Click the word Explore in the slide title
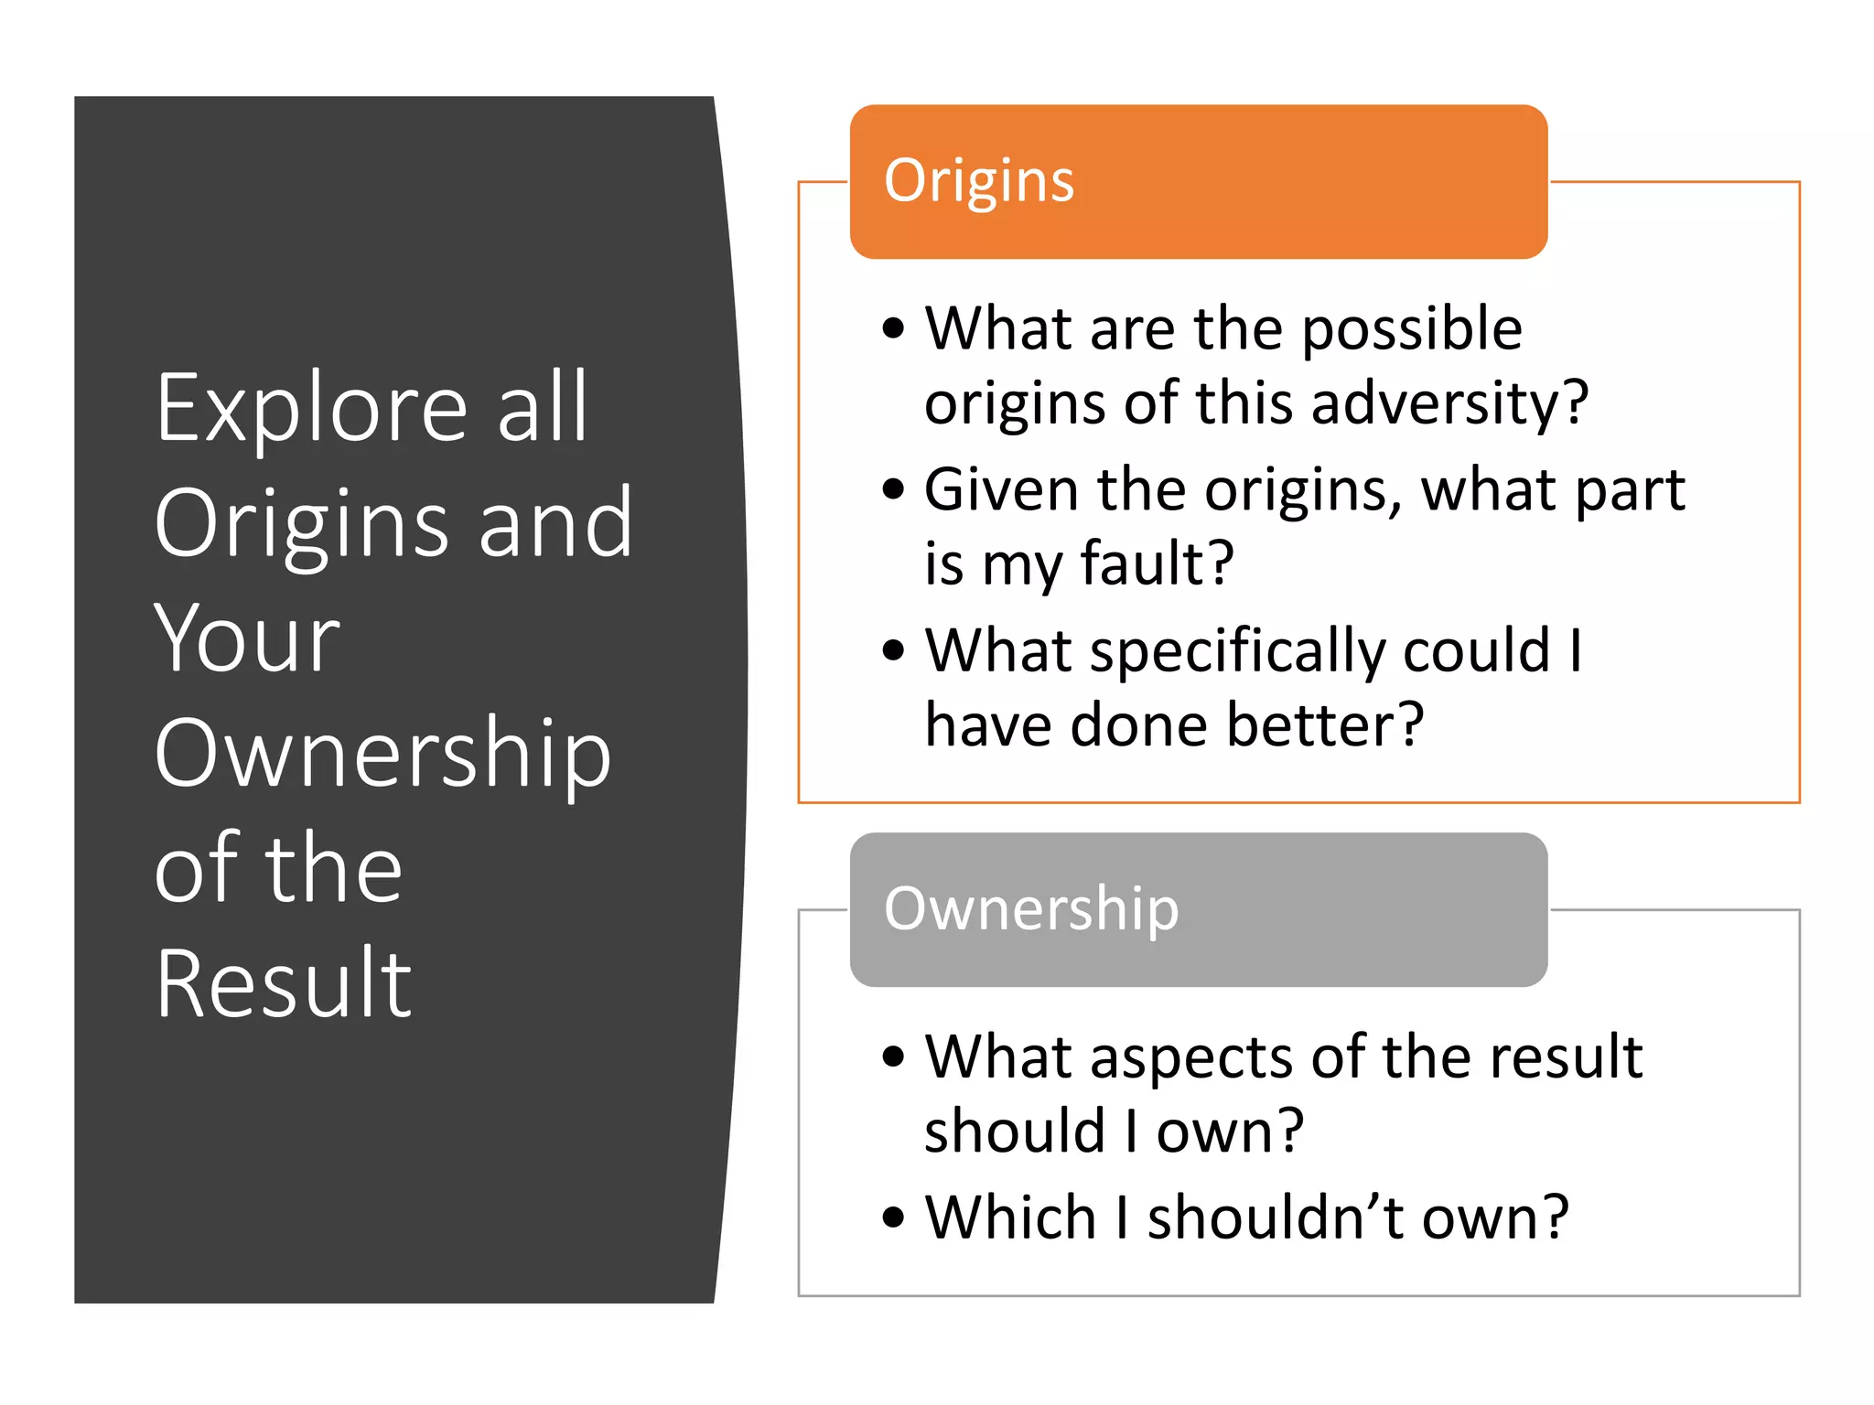tap(312, 409)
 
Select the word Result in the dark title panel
tap(284, 983)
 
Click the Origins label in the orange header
tap(978, 181)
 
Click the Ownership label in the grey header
tap(1031, 909)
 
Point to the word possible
tap(1412, 329)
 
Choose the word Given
tap(1002, 490)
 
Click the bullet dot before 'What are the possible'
tap(893, 328)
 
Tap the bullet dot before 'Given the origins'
tap(893, 489)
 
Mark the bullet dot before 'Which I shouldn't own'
tap(893, 1217)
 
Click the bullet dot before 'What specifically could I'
tap(893, 650)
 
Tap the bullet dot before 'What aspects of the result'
tap(893, 1056)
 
